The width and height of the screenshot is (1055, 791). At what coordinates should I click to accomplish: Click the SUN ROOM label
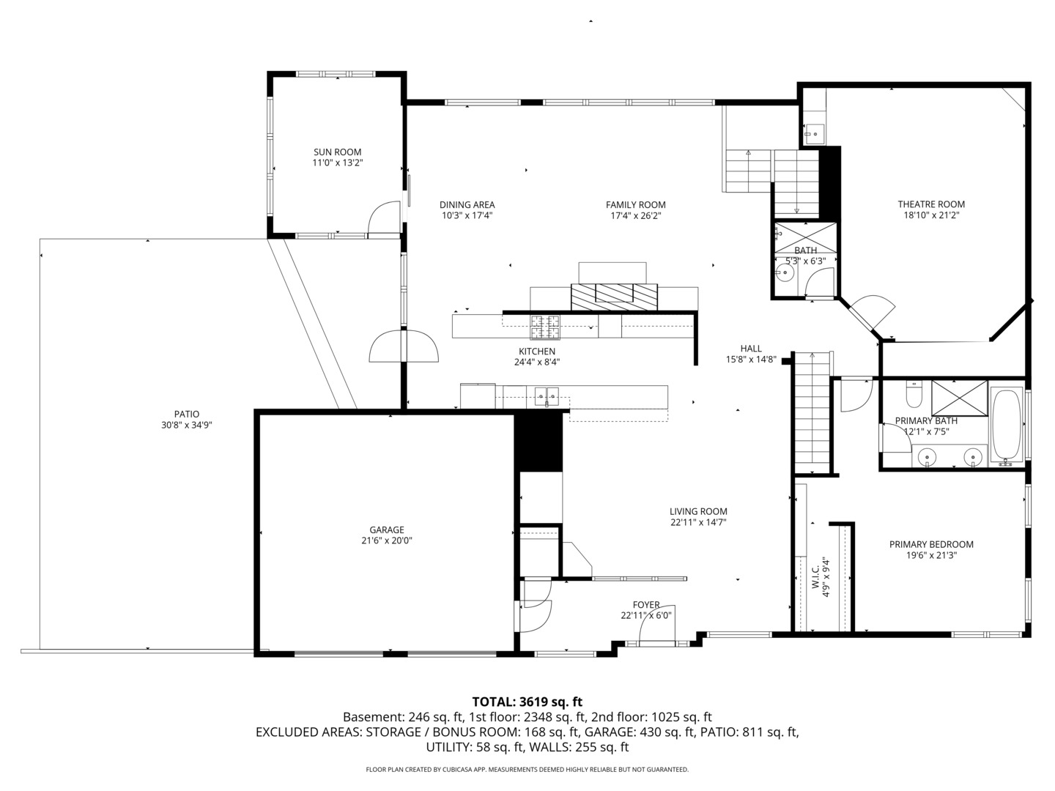[337, 152]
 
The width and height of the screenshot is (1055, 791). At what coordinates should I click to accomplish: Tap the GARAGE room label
[386, 530]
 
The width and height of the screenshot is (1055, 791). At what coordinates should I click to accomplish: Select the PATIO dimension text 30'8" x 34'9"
[186, 425]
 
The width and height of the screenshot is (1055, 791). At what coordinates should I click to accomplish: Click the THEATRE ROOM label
[931, 204]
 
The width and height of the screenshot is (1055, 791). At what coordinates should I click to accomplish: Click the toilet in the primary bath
[914, 395]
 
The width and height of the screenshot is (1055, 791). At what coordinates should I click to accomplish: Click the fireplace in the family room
[614, 294]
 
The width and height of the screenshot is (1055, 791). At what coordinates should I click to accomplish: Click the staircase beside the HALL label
[811, 410]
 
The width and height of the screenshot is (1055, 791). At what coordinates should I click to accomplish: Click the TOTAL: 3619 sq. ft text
[527, 702]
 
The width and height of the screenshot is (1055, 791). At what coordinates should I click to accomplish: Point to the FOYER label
[646, 605]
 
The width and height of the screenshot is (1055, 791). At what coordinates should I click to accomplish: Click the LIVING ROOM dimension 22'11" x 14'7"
[698, 522]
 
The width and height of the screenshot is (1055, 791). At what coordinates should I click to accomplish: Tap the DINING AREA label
[467, 204]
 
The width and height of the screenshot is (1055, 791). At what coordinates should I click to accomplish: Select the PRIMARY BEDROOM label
[931, 544]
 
